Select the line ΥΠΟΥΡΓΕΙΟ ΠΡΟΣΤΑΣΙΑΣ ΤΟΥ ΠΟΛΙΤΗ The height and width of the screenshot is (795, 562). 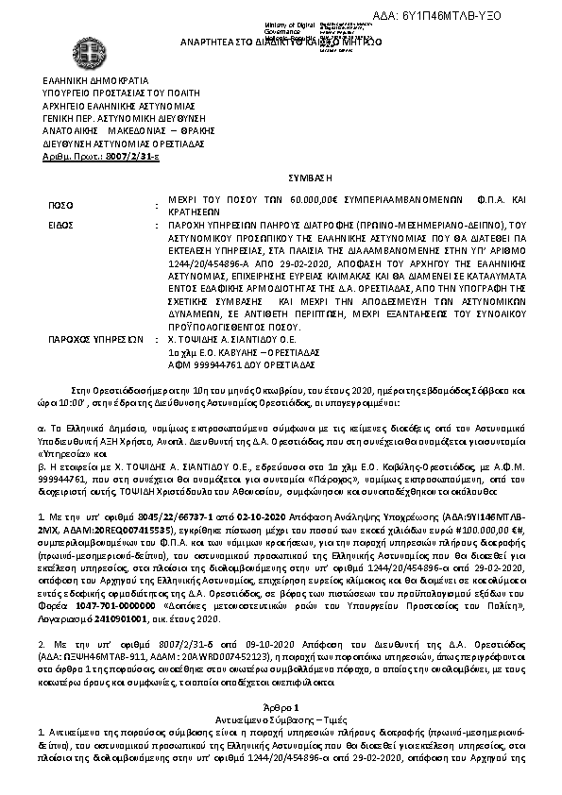[120, 94]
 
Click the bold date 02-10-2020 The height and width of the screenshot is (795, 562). [242, 518]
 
